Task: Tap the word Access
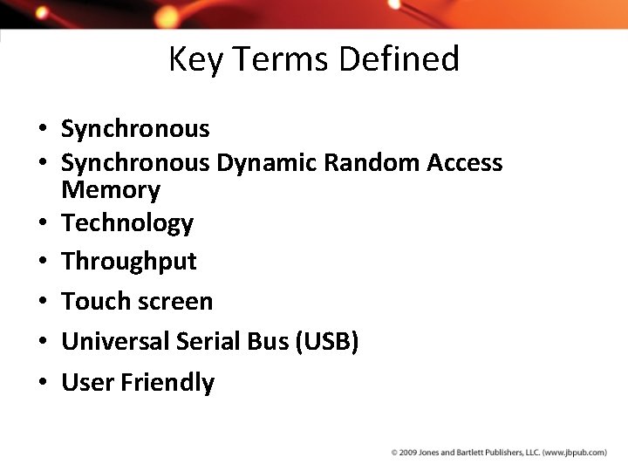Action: pyautogui.click(x=465, y=163)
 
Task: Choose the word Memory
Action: pyautogui.click(x=111, y=189)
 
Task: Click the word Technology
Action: pyautogui.click(x=127, y=223)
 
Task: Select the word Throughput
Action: pyautogui.click(x=129, y=262)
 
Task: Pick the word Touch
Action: pyautogui.click(x=94, y=302)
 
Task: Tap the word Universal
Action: pyautogui.click(x=115, y=342)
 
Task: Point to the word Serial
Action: pyautogui.click(x=207, y=342)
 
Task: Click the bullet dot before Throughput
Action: pyautogui.click(x=42, y=263)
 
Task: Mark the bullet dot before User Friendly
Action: pyautogui.click(x=42, y=383)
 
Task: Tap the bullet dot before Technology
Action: pyautogui.click(x=42, y=224)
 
